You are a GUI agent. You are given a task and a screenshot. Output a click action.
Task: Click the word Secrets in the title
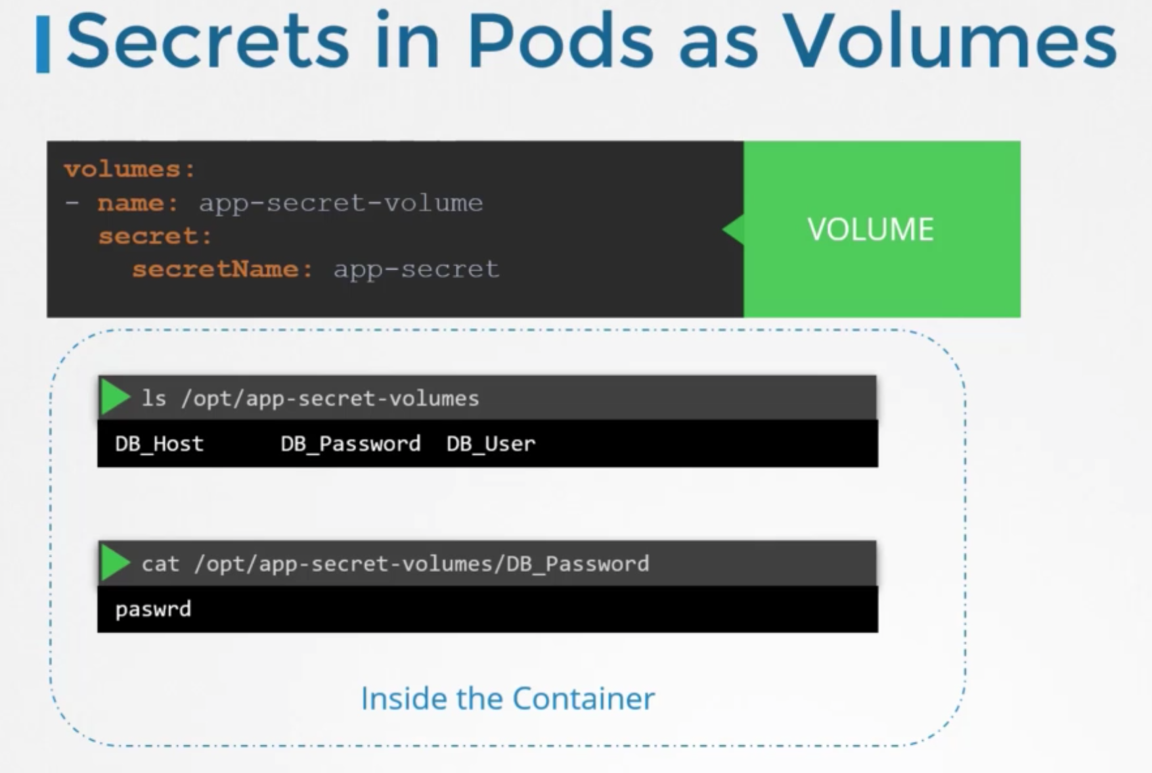coord(208,41)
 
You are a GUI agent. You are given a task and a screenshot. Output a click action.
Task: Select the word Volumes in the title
coord(950,41)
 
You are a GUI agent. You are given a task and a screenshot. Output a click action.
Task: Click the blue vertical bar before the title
coord(43,45)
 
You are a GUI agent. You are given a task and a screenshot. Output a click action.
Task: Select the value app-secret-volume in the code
coord(341,203)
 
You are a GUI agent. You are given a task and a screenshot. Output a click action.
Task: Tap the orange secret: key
coord(155,236)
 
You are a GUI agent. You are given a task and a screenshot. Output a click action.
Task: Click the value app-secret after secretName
coord(416,269)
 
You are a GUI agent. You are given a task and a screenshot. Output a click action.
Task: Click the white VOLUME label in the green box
coord(870,229)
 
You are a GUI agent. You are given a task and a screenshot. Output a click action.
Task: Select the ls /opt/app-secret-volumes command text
coord(311,398)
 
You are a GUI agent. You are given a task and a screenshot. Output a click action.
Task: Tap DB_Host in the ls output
coord(159,444)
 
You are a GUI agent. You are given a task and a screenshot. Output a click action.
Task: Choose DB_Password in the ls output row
coord(350,444)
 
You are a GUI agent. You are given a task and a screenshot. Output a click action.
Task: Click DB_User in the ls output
coord(491,444)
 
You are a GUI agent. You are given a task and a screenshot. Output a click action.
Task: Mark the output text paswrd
coord(153,609)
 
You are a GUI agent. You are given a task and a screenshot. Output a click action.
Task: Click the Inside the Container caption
coord(508,698)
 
